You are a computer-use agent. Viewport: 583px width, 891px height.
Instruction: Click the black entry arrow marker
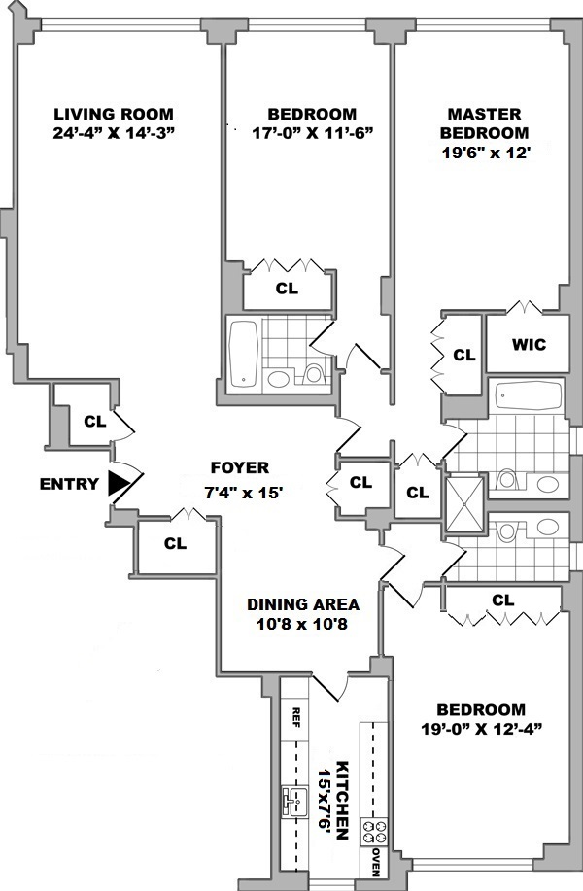120,482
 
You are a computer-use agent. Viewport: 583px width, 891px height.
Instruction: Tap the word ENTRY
70,483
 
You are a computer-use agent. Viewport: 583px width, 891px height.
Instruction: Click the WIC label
529,345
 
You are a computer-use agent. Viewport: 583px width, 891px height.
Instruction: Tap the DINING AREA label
289,603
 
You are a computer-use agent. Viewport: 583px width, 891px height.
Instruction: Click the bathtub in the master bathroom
529,396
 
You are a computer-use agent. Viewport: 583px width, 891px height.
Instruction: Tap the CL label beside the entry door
94,422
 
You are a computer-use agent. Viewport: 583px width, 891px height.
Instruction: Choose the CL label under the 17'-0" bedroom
287,289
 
